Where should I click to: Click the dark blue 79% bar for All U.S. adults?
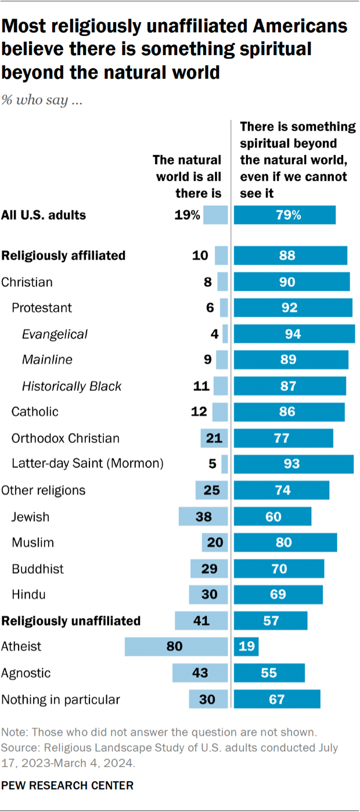tap(285, 215)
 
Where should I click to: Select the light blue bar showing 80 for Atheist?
tap(177, 646)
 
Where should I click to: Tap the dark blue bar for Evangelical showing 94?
tap(294, 334)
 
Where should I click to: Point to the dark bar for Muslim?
tap(285, 542)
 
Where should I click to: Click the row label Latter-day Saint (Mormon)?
tap(88, 464)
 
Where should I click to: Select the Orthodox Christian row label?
tap(66, 438)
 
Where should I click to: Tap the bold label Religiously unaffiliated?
tap(71, 621)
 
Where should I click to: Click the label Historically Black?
tap(71, 386)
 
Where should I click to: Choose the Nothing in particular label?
tap(60, 699)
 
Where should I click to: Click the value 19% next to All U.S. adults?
tap(187, 215)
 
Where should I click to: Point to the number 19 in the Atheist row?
tap(246, 646)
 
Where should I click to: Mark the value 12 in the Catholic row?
tap(199, 412)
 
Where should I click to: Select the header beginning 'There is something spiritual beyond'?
tap(297, 159)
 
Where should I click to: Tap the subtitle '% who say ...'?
tap(41, 100)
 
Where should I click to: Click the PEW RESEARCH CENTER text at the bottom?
tap(67, 785)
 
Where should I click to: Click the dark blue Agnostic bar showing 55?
tap(269, 673)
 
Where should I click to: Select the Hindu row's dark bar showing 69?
tap(278, 595)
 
